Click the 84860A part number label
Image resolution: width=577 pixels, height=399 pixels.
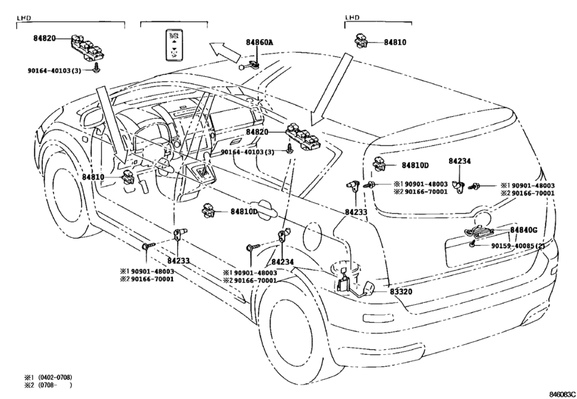260,42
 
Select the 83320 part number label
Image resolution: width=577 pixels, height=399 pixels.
401,291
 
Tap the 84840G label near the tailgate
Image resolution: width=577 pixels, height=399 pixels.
524,230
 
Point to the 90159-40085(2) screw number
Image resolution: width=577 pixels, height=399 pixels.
518,246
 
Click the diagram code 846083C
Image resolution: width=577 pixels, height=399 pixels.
562,394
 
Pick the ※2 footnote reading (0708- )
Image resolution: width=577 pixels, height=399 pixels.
48,385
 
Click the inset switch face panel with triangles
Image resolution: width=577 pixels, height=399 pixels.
174,44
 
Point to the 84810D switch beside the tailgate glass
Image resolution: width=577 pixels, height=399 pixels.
380,164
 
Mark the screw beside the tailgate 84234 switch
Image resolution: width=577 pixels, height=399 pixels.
475,187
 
